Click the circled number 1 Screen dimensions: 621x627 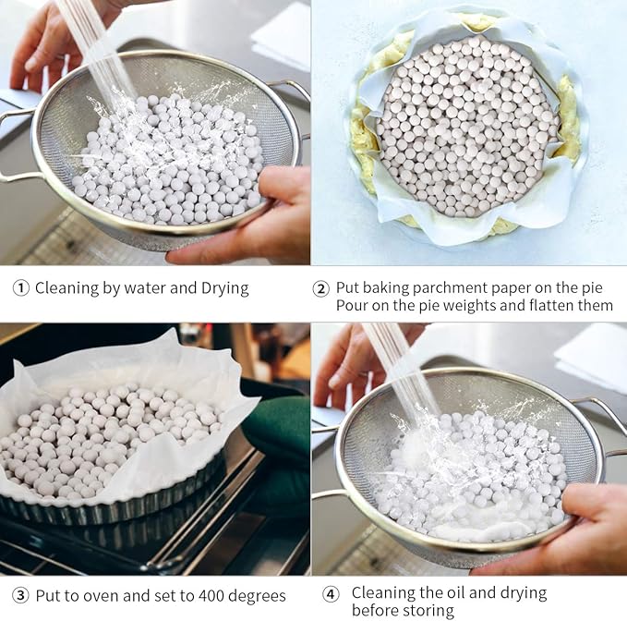[x=20, y=288]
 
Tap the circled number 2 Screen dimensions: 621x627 [x=321, y=288]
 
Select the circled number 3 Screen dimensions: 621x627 [x=20, y=596]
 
